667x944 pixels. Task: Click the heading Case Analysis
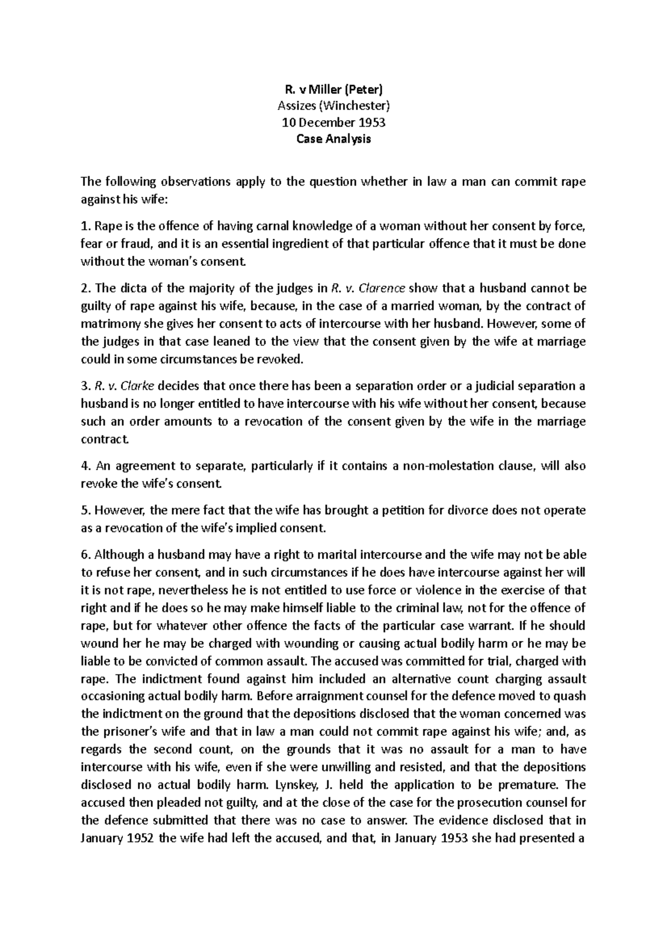pyautogui.click(x=333, y=139)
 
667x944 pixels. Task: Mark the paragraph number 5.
pyautogui.click(x=84, y=510)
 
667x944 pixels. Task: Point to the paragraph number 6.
pyautogui.click(x=84, y=555)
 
